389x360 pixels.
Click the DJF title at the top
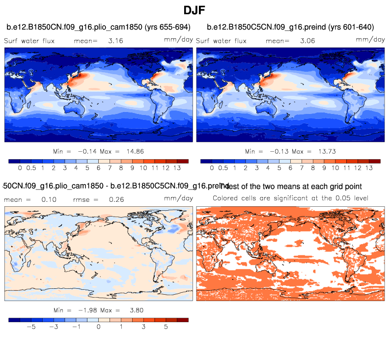194,10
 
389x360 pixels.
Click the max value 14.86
134,151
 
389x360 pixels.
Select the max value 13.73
326,151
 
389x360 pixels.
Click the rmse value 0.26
116,200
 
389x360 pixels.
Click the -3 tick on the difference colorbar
55,326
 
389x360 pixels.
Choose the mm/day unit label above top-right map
370,39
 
